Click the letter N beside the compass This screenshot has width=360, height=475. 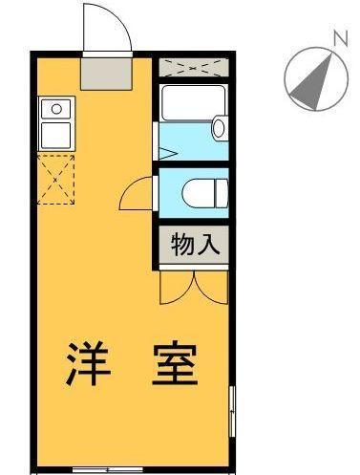click(x=340, y=37)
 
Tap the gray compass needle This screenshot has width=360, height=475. click(x=314, y=85)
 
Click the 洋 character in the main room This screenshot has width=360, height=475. click(x=88, y=363)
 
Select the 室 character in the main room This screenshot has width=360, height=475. click(x=175, y=363)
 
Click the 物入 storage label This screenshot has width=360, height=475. click(x=195, y=245)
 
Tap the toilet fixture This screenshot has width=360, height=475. click(x=205, y=193)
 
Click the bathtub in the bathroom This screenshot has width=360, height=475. click(x=193, y=103)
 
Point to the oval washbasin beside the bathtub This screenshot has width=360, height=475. click(x=220, y=128)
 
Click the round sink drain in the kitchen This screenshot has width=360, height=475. click(x=56, y=109)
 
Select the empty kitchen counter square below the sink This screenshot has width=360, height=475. click(x=56, y=136)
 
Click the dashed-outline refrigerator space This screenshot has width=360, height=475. click(x=56, y=180)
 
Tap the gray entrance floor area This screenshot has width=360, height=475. click(x=106, y=74)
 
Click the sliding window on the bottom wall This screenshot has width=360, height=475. click(x=107, y=469)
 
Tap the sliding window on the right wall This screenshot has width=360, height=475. click(x=232, y=411)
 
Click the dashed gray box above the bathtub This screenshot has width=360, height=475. click(x=194, y=67)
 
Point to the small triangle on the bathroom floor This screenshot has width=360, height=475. click(x=168, y=154)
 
